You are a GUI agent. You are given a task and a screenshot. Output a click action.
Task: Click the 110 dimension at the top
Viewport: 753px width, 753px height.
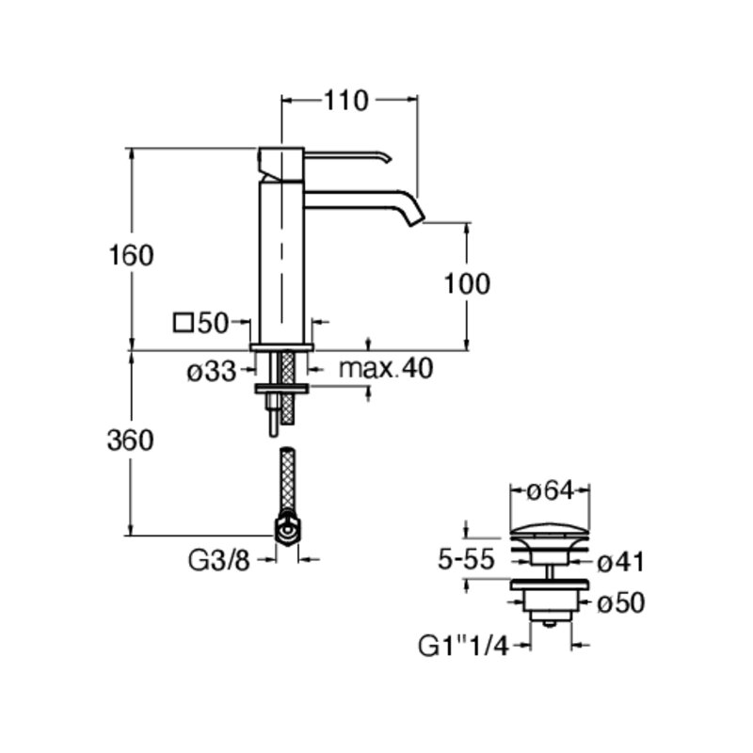pyautogui.click(x=346, y=101)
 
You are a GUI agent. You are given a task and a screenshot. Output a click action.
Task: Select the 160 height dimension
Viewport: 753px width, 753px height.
pyautogui.click(x=131, y=255)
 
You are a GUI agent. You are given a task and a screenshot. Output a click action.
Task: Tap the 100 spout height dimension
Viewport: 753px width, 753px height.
pyautogui.click(x=467, y=283)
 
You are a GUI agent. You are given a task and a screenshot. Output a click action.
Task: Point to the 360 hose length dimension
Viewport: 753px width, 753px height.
pyautogui.click(x=131, y=441)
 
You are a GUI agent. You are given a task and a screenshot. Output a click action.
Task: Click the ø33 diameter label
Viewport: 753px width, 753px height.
pyautogui.click(x=212, y=371)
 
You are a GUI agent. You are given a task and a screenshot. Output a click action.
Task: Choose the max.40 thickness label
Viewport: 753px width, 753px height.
pyautogui.click(x=386, y=368)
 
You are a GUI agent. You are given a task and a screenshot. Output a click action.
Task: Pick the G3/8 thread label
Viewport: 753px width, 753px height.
pyautogui.click(x=219, y=560)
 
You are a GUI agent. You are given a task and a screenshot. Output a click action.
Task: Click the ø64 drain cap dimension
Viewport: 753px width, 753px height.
pyautogui.click(x=551, y=490)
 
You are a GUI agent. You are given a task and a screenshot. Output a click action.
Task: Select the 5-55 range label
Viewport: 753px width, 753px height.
pyautogui.click(x=466, y=559)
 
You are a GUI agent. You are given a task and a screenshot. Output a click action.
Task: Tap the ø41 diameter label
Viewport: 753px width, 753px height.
pyautogui.click(x=620, y=562)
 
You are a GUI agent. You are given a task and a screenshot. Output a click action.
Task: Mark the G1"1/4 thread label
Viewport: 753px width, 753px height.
pyautogui.click(x=463, y=646)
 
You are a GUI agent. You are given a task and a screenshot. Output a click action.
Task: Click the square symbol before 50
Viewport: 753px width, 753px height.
pyautogui.click(x=184, y=323)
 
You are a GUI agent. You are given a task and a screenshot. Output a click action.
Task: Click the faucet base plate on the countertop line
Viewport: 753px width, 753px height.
pyautogui.click(x=281, y=347)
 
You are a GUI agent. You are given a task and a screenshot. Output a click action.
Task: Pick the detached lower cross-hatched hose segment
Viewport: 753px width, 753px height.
pyautogui.click(x=288, y=478)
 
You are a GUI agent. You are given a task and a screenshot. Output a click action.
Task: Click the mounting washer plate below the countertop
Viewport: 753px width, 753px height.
pyautogui.click(x=281, y=389)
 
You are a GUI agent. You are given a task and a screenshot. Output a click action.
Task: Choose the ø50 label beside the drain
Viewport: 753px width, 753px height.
pyautogui.click(x=620, y=603)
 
